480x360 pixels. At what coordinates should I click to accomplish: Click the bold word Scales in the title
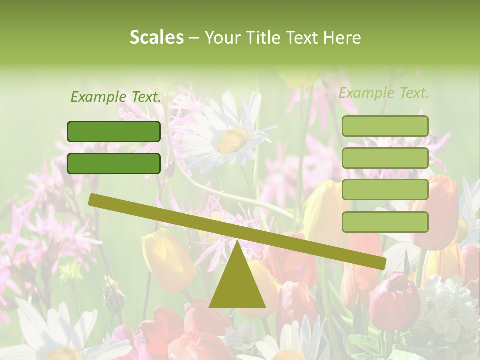coord(156,38)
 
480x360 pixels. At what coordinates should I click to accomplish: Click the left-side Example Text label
coord(116,97)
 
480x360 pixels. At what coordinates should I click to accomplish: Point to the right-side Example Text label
coord(384,93)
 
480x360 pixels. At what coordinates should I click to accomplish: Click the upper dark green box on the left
coord(114,131)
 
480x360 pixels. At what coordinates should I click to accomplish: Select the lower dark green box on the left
coord(114,163)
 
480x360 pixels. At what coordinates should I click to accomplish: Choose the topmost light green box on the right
coord(385,126)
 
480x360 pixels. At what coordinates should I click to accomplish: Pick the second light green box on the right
coord(385,158)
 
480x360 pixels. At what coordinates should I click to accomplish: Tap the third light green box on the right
coord(385,190)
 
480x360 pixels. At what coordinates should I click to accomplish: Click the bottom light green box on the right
coord(385,222)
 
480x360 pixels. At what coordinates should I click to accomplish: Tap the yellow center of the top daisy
coord(232,140)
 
